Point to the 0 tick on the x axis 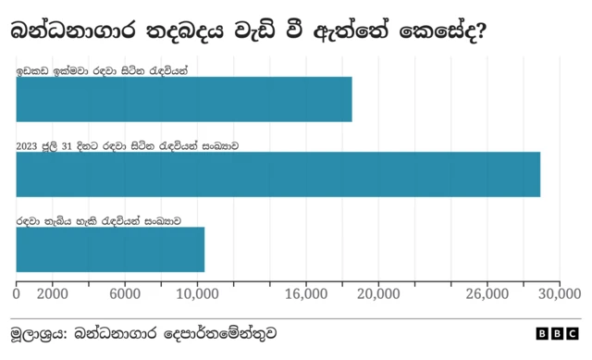pyautogui.click(x=17, y=294)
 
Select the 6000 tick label pyautogui.click(x=124, y=294)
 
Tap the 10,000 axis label pyautogui.click(x=196, y=294)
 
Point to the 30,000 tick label pyautogui.click(x=558, y=294)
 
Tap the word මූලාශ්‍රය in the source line pyautogui.click(x=35, y=333)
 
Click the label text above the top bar pyautogui.click(x=103, y=70)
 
